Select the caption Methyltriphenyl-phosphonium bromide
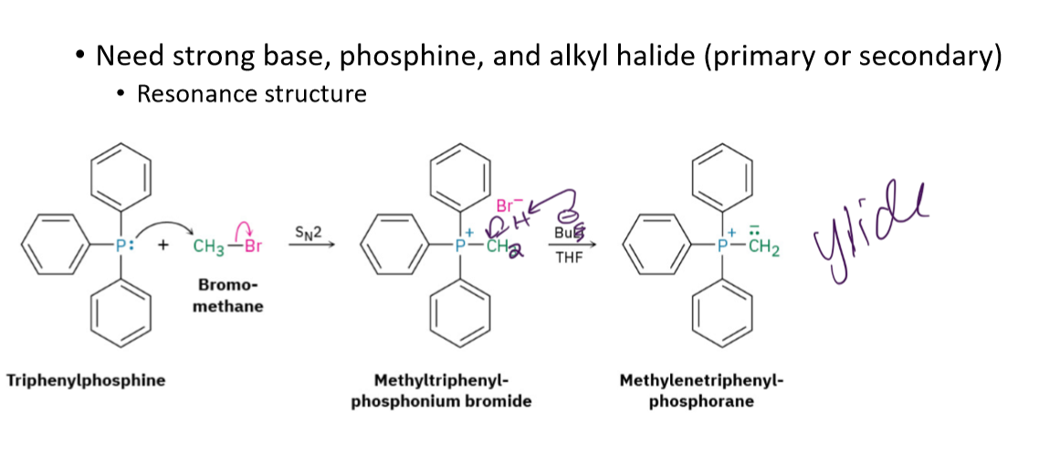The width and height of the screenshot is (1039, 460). click(x=441, y=390)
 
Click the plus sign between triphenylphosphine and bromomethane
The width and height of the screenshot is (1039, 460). click(x=167, y=246)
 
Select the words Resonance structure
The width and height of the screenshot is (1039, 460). click(x=251, y=93)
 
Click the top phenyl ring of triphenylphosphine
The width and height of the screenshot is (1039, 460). click(x=121, y=177)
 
